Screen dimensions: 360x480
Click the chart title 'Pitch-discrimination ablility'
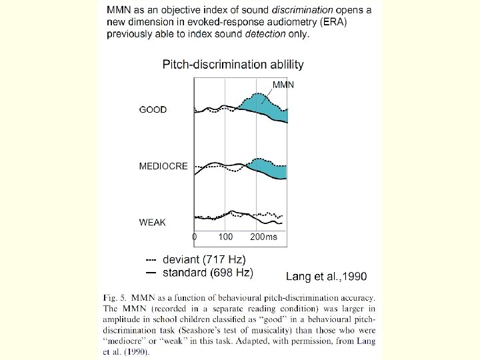tap(233, 65)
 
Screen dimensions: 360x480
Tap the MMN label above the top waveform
tap(283, 85)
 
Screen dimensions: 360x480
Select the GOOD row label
tap(153, 110)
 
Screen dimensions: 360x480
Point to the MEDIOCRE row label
tap(163, 166)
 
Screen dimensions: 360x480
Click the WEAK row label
tap(153, 222)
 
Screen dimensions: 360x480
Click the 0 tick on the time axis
tap(194, 237)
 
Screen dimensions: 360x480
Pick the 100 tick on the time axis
tap(225, 237)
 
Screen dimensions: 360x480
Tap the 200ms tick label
tap(263, 237)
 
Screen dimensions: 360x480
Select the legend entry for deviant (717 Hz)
tap(204, 259)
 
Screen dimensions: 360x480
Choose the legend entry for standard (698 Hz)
tap(208, 273)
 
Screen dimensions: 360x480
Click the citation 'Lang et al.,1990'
tap(326, 275)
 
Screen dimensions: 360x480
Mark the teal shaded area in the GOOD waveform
tap(263, 107)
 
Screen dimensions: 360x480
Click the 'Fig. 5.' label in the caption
tap(117, 297)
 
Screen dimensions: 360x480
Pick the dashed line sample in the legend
tap(151, 259)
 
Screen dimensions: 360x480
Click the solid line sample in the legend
tap(151, 273)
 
